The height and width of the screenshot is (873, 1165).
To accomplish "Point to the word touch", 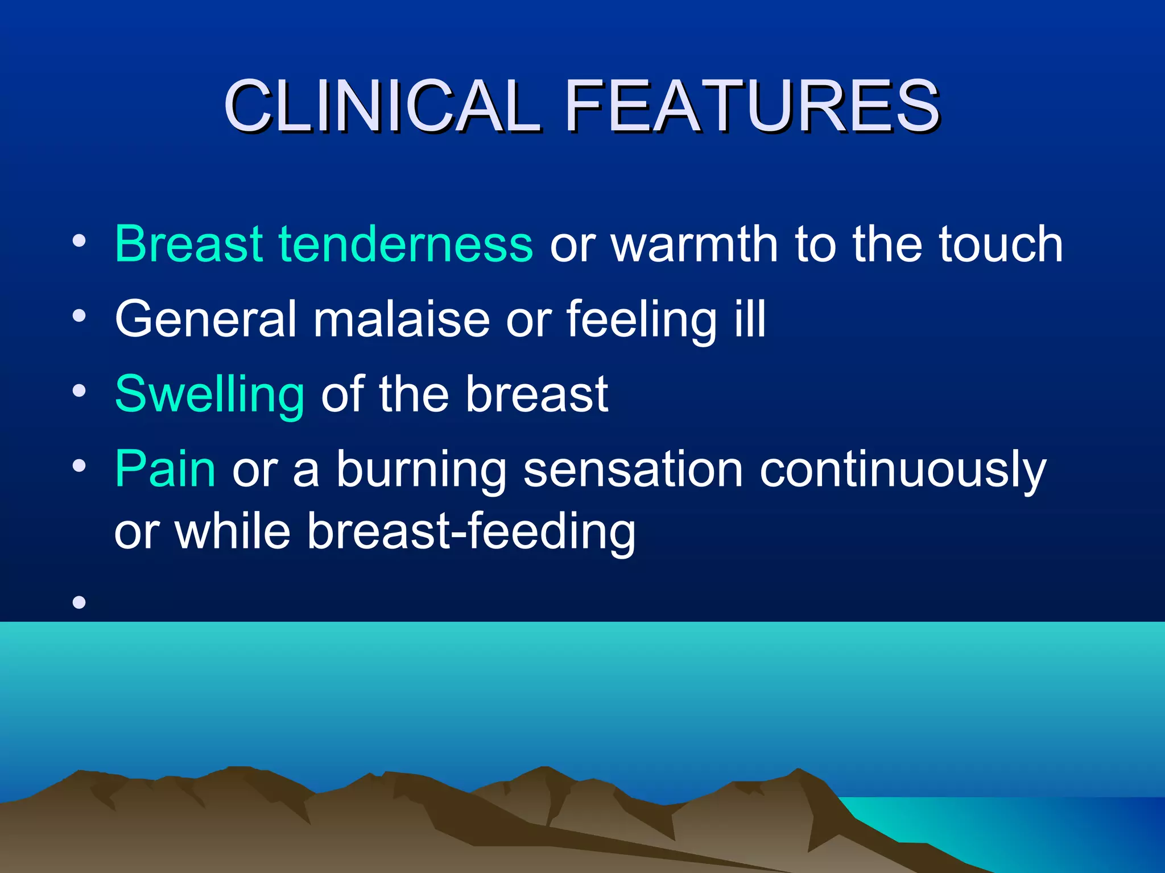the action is (x=1001, y=244).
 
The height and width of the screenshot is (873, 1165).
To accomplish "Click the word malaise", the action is (x=401, y=319).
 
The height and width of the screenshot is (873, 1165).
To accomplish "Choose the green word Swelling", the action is (x=209, y=395).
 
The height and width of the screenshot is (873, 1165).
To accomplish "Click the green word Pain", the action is (x=165, y=469).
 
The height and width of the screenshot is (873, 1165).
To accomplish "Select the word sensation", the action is (x=633, y=469).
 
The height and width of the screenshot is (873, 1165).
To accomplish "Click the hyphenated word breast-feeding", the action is (x=471, y=531).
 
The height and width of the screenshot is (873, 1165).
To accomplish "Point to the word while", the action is (x=233, y=531).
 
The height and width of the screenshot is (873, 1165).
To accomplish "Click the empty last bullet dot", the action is (x=79, y=602).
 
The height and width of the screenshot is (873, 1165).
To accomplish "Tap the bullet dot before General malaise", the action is (x=79, y=315).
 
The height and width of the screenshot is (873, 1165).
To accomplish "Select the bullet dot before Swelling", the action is (x=79, y=391).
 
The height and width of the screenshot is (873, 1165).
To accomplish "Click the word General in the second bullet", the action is (x=205, y=319).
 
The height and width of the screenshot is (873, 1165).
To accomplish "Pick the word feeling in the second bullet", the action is (x=641, y=320).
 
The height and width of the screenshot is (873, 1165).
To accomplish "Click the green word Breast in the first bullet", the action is (x=188, y=244).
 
